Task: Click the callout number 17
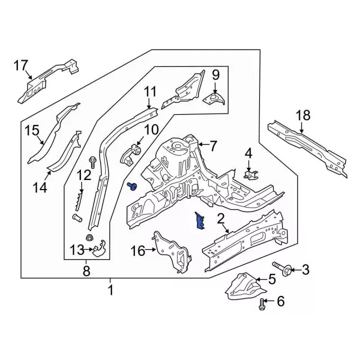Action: click(21, 66)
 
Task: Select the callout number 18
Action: click(303, 115)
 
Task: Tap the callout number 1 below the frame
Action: click(110, 290)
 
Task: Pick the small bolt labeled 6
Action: click(262, 305)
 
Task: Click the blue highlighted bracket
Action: click(200, 221)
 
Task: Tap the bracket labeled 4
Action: click(250, 173)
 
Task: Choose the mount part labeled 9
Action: click(213, 100)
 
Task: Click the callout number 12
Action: click(84, 175)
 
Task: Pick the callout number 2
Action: click(221, 218)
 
